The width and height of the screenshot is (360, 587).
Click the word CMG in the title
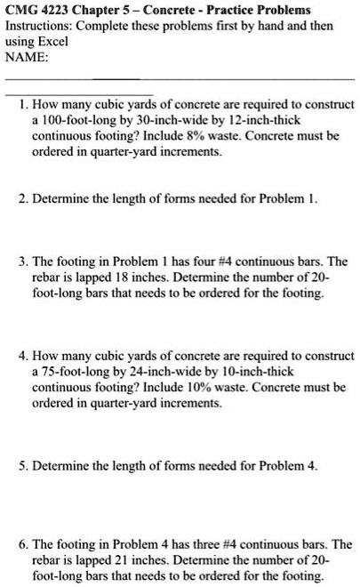coord(22,10)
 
